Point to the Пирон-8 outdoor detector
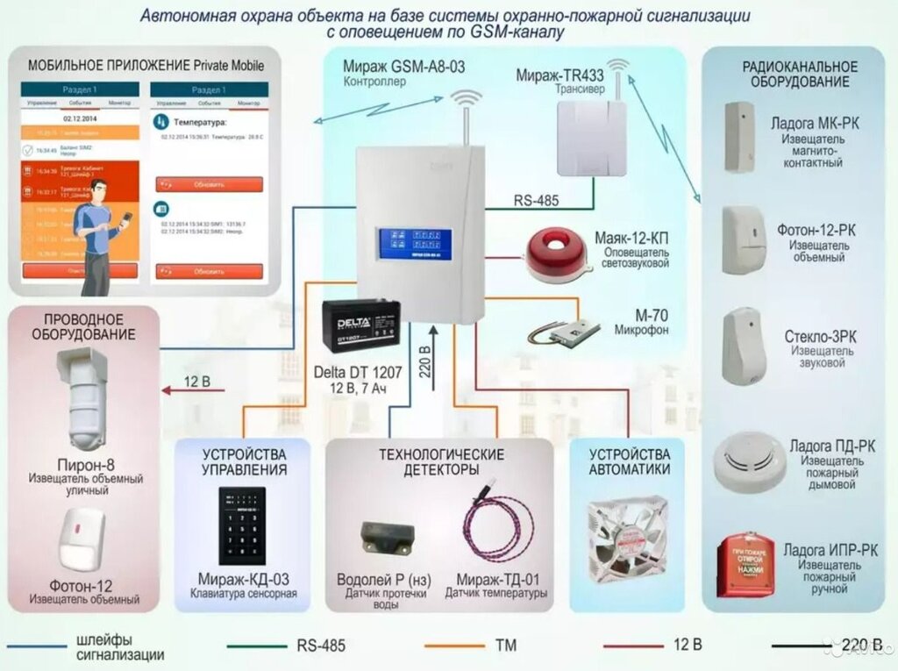[x=86, y=398]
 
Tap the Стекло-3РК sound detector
[x=744, y=346]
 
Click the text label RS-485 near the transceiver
[x=536, y=200]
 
